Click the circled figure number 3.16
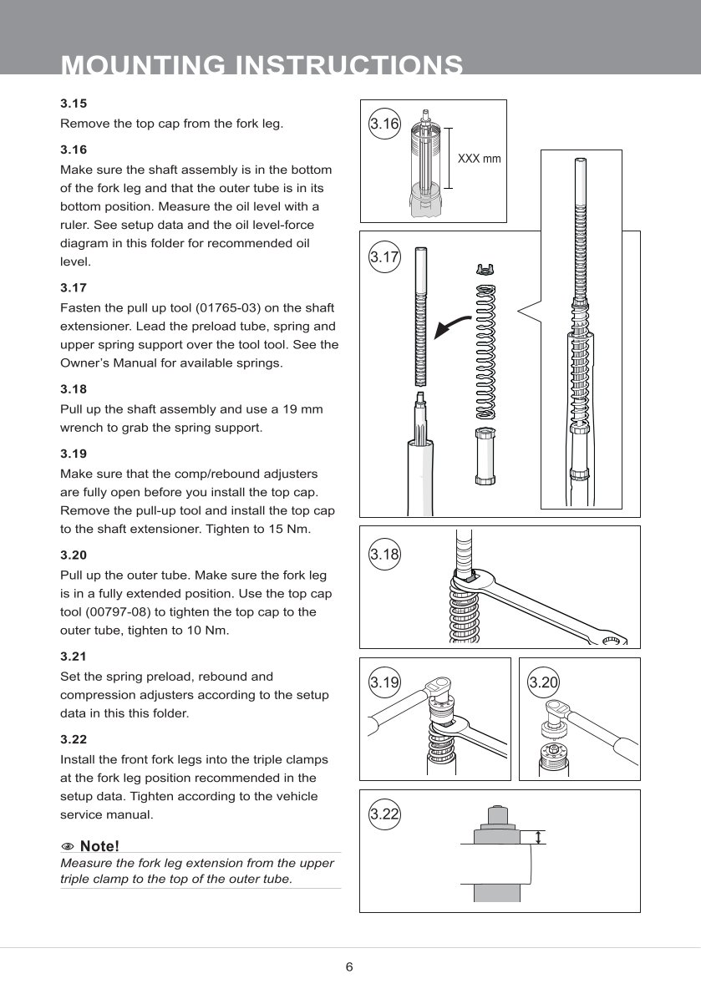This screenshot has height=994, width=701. pos(384,124)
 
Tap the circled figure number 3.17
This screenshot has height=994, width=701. pos(384,257)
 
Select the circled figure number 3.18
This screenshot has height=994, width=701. pos(384,553)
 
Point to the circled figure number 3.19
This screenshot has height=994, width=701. pos(384,683)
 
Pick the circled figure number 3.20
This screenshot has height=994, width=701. pos(544,683)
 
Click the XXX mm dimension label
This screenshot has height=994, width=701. pos(480,159)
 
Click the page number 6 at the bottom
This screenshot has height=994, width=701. pos(349,967)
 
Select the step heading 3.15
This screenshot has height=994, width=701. pos(74,104)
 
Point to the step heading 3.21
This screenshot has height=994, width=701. pos(74,657)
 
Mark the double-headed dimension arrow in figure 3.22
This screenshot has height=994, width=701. pos(540,837)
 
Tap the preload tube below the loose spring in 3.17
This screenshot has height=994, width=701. pos(484,456)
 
